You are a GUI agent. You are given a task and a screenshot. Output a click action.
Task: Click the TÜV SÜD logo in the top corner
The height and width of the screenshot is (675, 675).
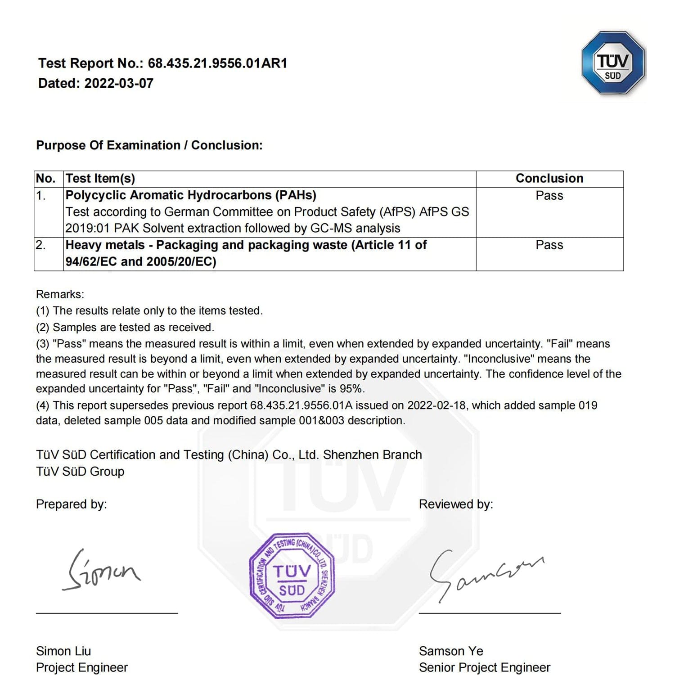613,63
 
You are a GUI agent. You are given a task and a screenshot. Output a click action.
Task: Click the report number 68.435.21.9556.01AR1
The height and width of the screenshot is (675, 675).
217,63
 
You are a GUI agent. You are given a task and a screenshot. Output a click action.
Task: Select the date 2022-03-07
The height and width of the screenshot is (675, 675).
119,83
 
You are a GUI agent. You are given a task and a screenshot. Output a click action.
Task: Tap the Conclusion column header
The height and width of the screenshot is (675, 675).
549,179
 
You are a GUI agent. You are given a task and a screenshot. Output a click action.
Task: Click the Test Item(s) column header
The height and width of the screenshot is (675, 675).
100,179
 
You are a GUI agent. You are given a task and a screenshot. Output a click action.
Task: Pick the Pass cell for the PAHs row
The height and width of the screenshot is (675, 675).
549,196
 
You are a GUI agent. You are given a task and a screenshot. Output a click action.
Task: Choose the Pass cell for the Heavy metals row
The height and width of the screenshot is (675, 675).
549,245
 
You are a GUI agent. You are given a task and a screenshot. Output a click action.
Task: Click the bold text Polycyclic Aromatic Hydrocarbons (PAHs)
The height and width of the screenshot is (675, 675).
191,195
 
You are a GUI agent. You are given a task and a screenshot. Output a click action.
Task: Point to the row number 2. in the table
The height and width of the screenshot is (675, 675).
40,245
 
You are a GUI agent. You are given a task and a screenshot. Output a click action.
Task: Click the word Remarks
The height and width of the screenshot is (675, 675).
60,294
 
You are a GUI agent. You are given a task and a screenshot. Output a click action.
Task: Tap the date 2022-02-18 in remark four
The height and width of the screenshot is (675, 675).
436,405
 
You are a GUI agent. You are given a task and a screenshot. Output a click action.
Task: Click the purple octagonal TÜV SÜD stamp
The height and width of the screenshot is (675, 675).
292,576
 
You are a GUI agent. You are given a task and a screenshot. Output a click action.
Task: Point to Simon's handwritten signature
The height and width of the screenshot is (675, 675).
101,571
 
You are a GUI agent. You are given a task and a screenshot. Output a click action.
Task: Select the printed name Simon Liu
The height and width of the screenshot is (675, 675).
63,651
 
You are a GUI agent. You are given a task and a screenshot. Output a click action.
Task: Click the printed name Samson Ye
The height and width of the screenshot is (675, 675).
451,651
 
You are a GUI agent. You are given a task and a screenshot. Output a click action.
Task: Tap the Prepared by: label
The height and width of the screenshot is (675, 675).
71,504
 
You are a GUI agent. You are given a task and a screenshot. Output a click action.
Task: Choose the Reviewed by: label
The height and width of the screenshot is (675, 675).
456,504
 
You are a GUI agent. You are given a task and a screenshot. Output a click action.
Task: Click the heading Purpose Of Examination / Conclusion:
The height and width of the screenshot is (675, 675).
149,145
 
